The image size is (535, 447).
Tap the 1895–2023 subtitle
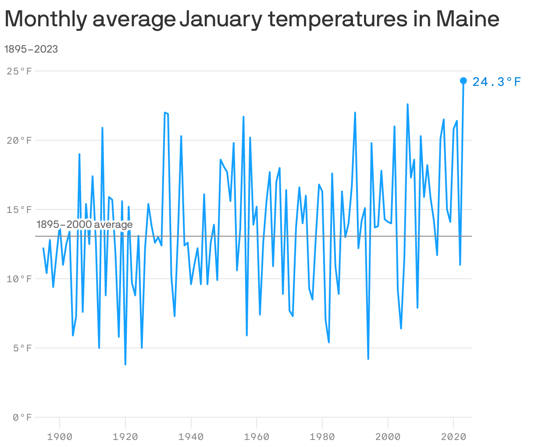31,49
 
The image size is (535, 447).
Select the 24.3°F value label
497,82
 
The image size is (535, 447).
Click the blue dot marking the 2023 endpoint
463,81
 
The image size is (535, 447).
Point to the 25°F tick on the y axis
20,71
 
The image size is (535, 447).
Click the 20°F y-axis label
20,140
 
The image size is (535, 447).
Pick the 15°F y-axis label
20,209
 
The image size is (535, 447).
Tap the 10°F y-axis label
20,279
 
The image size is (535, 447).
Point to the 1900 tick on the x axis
60,436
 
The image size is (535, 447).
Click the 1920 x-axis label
125,436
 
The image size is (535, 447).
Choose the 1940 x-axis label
191,436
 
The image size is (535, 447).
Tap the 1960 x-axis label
257,436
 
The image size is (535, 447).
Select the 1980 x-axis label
322,436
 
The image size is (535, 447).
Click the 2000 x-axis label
388,436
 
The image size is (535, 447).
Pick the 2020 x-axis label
453,436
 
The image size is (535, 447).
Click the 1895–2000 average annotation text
84,225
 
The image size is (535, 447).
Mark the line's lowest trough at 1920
125,364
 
